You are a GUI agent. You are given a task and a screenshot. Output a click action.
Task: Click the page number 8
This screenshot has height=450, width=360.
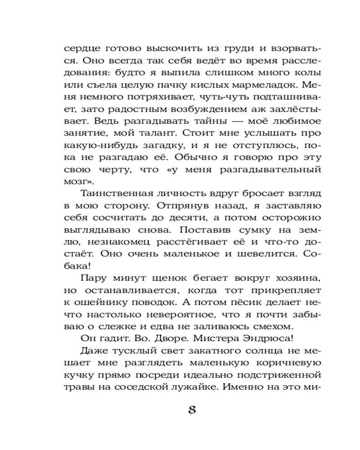click(x=192, y=410)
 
